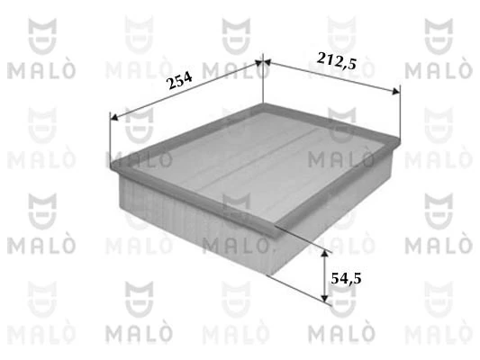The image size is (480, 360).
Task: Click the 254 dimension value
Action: pyautogui.click(x=180, y=82)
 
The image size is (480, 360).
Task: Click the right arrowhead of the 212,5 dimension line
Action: pyautogui.click(x=396, y=90)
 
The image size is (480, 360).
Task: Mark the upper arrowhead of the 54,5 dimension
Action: pyautogui.click(x=326, y=252)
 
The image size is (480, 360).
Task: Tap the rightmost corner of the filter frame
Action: pyautogui.click(x=400, y=136)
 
